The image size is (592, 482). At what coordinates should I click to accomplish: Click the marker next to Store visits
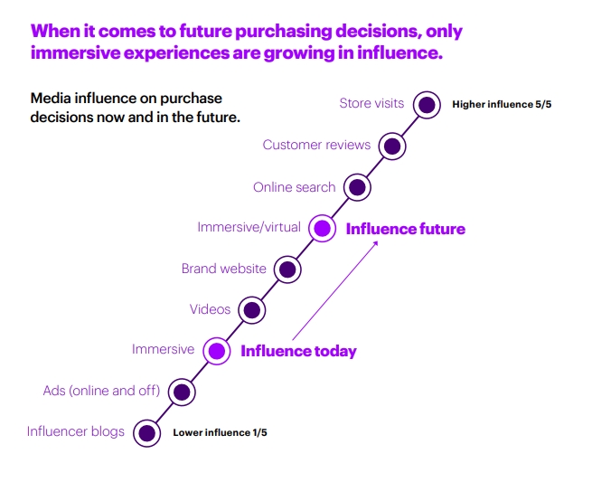tap(427, 105)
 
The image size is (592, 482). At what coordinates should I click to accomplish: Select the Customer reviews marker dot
tap(392, 146)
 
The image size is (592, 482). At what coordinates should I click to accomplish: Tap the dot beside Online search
tap(357, 187)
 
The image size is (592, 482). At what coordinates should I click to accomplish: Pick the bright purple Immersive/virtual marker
tap(322, 228)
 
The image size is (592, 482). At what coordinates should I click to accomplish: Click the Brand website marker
tap(287, 269)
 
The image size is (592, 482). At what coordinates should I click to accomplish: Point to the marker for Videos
tap(252, 310)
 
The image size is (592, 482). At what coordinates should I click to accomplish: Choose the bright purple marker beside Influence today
tap(217, 351)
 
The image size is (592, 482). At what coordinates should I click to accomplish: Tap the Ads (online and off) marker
tap(182, 392)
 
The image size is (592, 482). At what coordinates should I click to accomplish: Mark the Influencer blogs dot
tap(146, 433)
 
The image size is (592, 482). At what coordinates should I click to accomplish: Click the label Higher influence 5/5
tap(502, 104)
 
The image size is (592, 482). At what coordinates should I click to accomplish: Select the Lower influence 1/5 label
tap(220, 432)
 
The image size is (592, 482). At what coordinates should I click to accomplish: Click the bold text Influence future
tap(406, 229)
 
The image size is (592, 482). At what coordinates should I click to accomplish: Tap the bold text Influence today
tap(298, 351)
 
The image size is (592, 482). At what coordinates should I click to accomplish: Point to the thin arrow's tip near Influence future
tap(378, 241)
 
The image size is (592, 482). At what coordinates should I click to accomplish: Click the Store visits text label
tap(371, 103)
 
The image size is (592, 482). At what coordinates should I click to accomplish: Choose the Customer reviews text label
tap(316, 145)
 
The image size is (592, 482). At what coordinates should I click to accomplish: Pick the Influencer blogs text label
tap(76, 431)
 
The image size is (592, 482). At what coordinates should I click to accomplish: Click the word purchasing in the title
tap(282, 31)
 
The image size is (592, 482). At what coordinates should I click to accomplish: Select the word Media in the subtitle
tap(51, 99)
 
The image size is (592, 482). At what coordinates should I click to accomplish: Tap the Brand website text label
tap(224, 269)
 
